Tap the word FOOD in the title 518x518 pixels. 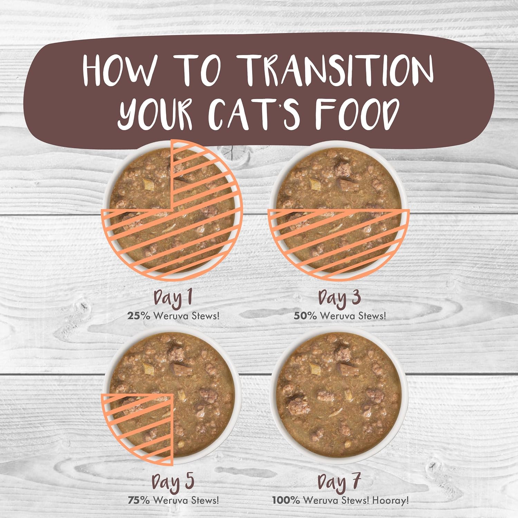pos(356,114)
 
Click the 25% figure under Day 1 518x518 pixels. pos(138,316)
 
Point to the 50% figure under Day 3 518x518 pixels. pos(305,316)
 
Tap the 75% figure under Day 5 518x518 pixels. pos(139,500)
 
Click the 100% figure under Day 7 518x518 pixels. pos(286,500)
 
